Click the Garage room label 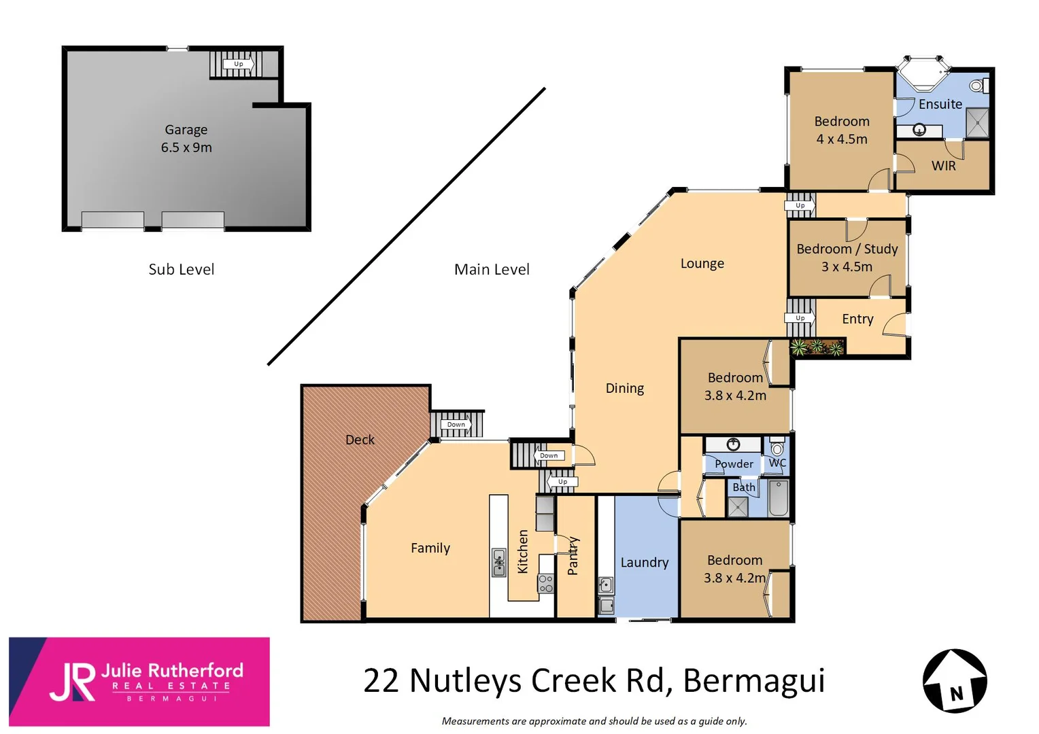tap(186, 130)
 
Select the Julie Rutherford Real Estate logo tap(139, 682)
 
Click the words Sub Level tap(181, 269)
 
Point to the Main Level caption tap(492, 269)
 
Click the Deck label tap(360, 440)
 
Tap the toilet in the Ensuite tap(976, 86)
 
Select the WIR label tap(943, 166)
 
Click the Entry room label tap(857, 319)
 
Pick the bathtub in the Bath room tap(778, 499)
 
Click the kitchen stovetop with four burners tap(545, 583)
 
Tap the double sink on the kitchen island tap(499, 563)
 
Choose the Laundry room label tap(644, 563)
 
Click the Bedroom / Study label tap(847, 249)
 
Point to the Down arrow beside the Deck tap(456, 425)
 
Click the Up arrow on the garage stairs tap(239, 65)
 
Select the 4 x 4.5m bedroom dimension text tap(842, 139)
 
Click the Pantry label tap(573, 556)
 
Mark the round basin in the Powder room tap(733, 444)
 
